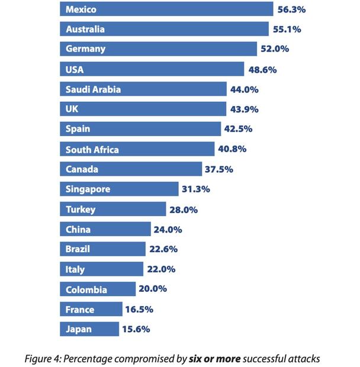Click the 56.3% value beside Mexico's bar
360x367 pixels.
coord(292,9)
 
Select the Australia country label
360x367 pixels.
coord(85,29)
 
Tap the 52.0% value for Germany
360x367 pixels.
coord(275,49)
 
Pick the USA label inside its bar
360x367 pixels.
coord(75,69)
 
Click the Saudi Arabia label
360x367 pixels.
coord(93,89)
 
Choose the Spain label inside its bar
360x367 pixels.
coord(78,129)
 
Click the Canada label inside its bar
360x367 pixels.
coord(82,169)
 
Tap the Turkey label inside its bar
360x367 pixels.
coord(81,210)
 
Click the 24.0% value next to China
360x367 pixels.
coord(169,230)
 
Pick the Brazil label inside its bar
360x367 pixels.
coord(78,249)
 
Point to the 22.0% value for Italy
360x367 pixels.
coord(162,269)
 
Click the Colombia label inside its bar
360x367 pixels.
coord(86,289)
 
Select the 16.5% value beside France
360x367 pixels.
coord(140,310)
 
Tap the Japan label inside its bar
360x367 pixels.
coord(79,329)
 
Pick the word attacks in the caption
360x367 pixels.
coord(304,358)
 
